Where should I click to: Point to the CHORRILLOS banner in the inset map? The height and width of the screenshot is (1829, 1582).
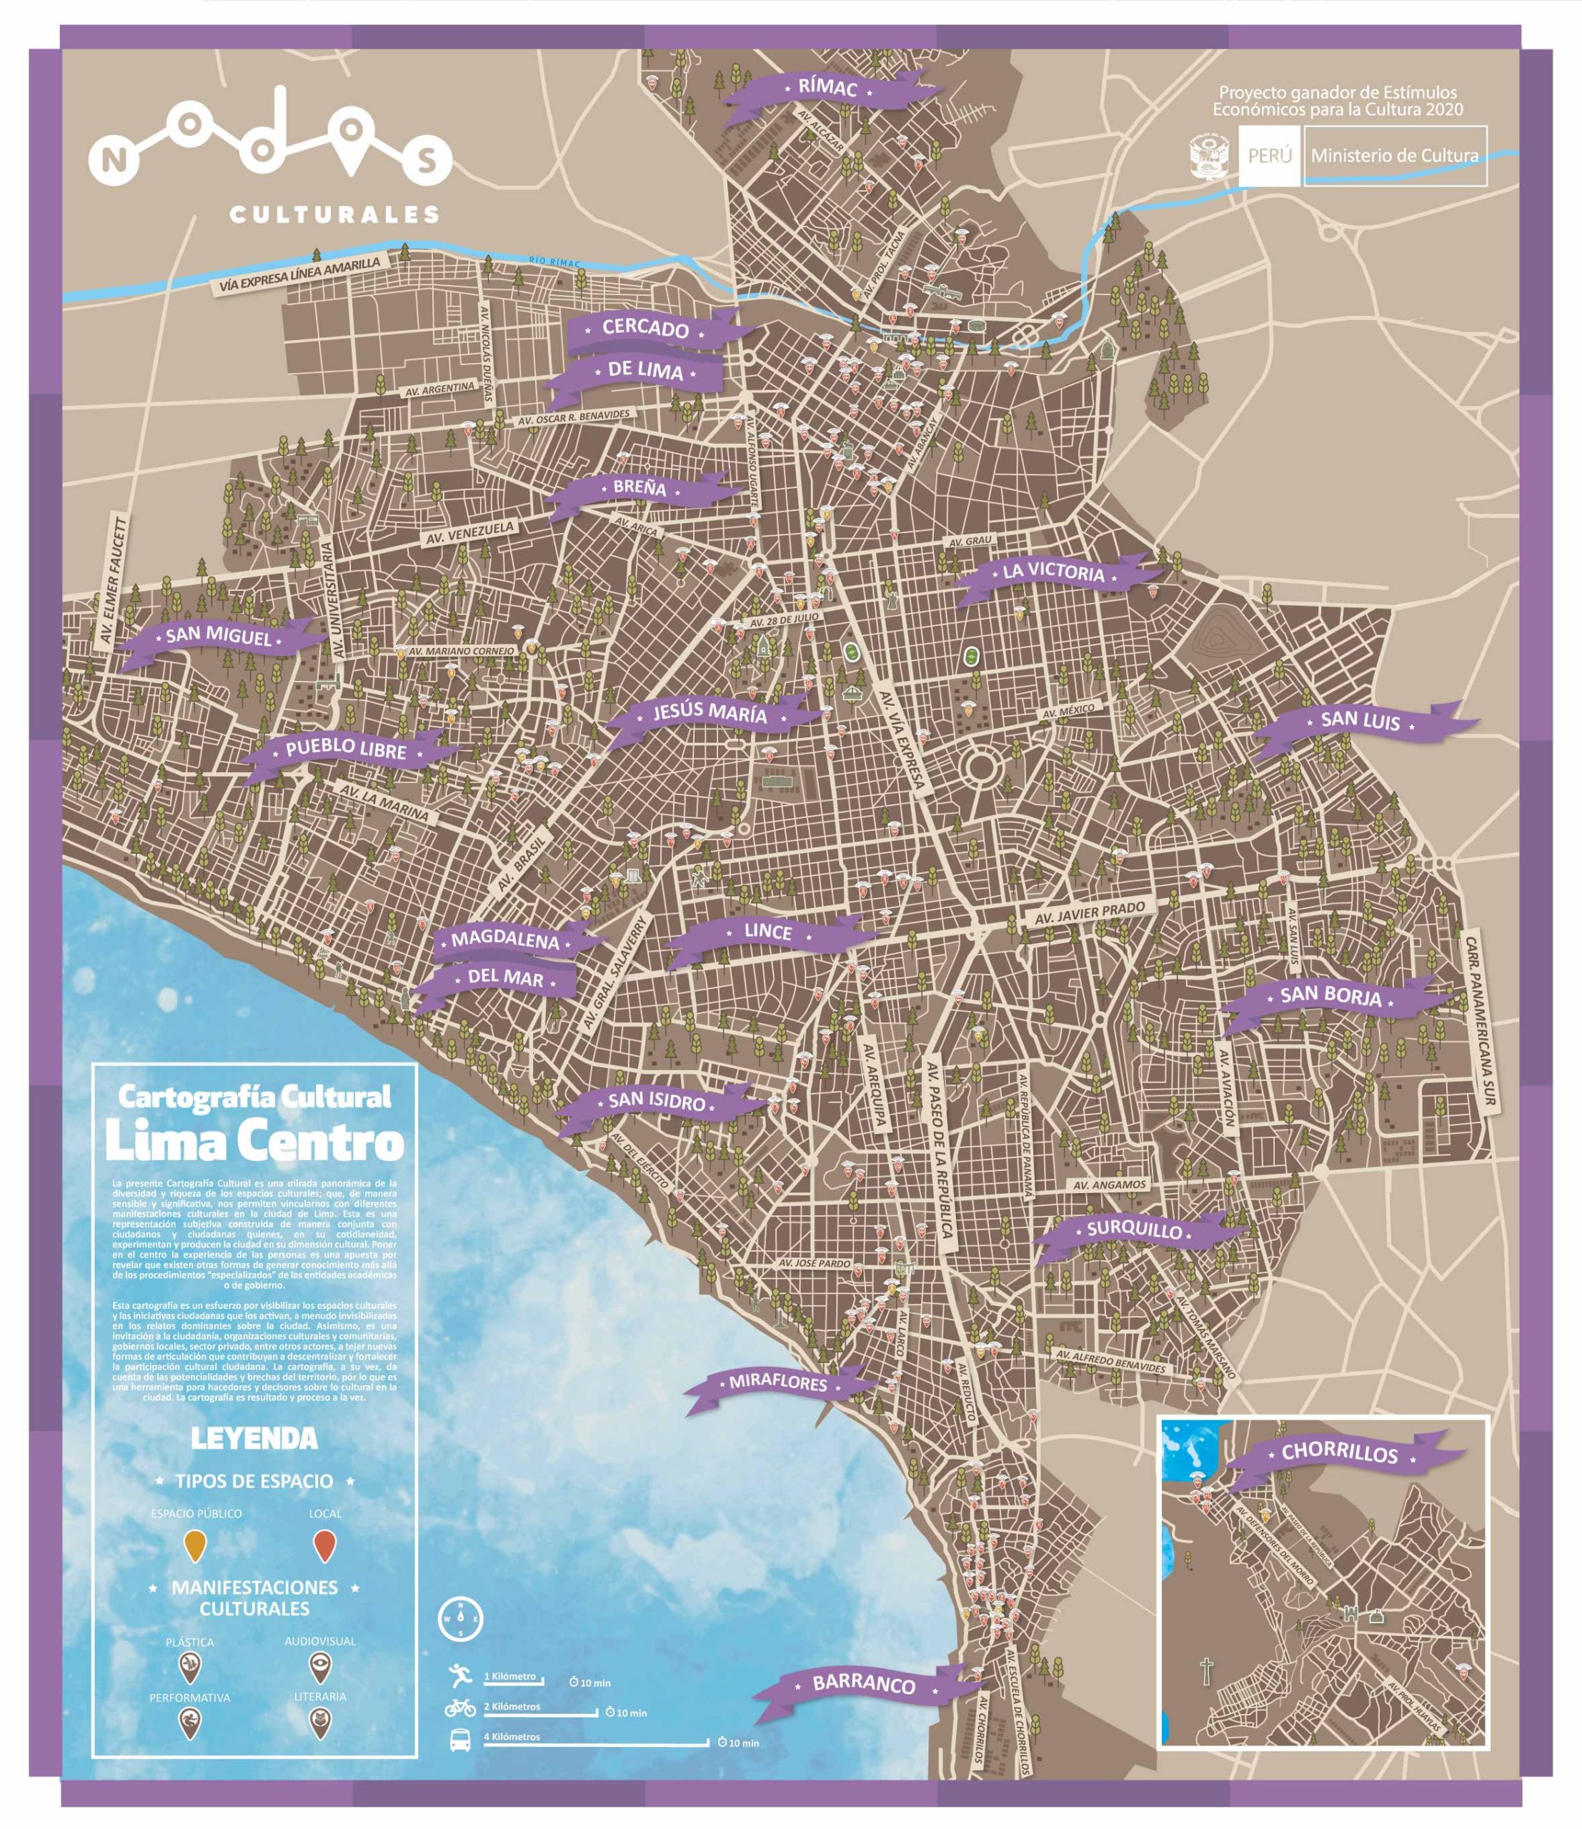(1339, 1453)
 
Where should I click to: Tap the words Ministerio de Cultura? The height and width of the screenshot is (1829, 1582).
(1394, 155)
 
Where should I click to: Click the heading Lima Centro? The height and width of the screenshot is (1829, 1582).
(254, 1143)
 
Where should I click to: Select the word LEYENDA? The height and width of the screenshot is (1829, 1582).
(254, 1439)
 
